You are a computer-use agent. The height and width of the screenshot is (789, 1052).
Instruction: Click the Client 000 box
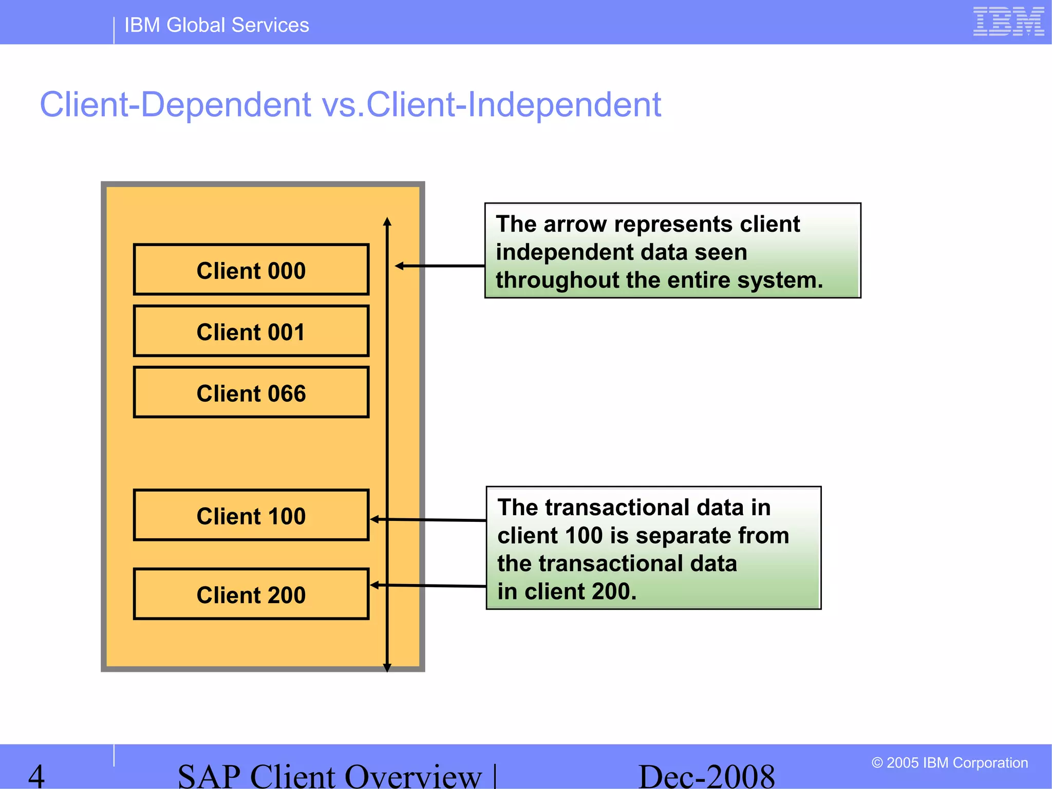(x=251, y=270)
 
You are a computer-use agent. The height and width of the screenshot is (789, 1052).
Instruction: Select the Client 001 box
(x=251, y=331)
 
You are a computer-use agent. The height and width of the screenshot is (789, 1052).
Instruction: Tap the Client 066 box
(x=251, y=392)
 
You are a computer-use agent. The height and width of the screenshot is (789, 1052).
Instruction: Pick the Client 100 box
(x=251, y=515)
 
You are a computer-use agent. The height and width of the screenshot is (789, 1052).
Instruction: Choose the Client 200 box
(x=251, y=594)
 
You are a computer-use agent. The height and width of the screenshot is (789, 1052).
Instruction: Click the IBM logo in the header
(x=1008, y=22)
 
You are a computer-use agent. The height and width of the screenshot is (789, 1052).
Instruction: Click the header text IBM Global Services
(x=216, y=25)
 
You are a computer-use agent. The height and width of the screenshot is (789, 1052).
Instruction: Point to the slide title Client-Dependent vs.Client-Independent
(x=350, y=105)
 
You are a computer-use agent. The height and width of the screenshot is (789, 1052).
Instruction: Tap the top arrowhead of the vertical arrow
(x=387, y=222)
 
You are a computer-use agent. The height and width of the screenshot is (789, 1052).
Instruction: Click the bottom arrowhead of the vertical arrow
(x=387, y=667)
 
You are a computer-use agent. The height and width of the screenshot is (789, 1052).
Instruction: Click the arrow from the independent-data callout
(x=440, y=266)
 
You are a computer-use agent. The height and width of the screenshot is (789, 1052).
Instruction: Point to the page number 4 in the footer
(x=36, y=776)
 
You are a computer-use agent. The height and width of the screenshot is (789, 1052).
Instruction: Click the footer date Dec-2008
(x=706, y=776)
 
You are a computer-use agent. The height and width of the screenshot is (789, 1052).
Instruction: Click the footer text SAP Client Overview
(x=329, y=776)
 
